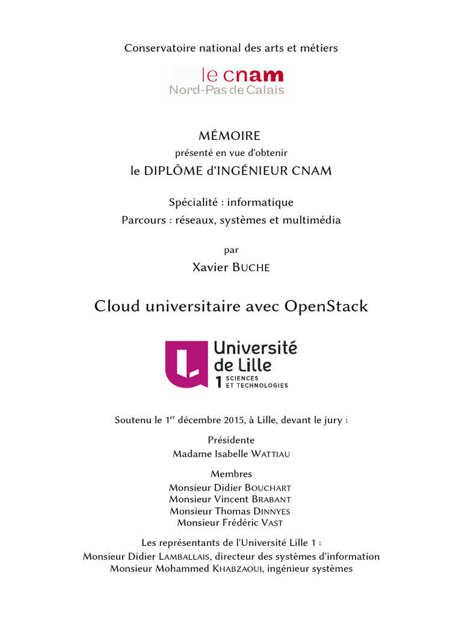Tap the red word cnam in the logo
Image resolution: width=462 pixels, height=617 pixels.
pos(253,75)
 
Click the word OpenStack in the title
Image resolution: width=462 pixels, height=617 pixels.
pos(326,306)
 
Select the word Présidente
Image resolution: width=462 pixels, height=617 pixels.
pos(231,440)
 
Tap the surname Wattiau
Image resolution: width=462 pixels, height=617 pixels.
pos(266,454)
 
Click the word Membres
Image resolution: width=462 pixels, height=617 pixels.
pos(231,474)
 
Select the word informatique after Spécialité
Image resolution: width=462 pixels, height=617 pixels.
pos(263,202)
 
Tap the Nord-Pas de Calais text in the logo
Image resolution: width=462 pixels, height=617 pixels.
pos(227,90)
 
